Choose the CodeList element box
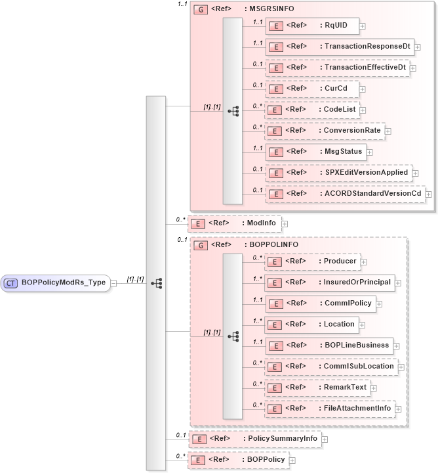[x=311, y=109]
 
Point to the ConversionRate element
[x=324, y=130]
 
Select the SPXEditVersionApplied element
[x=338, y=173]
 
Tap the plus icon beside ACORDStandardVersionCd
[x=429, y=194]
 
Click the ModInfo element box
[x=234, y=223]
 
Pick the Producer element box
[x=311, y=261]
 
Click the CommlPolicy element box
[x=319, y=304]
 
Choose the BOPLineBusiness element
[x=328, y=345]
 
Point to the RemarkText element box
[x=317, y=387]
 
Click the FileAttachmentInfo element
[x=330, y=408]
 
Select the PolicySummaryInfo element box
[x=254, y=438]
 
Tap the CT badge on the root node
[x=11, y=283]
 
